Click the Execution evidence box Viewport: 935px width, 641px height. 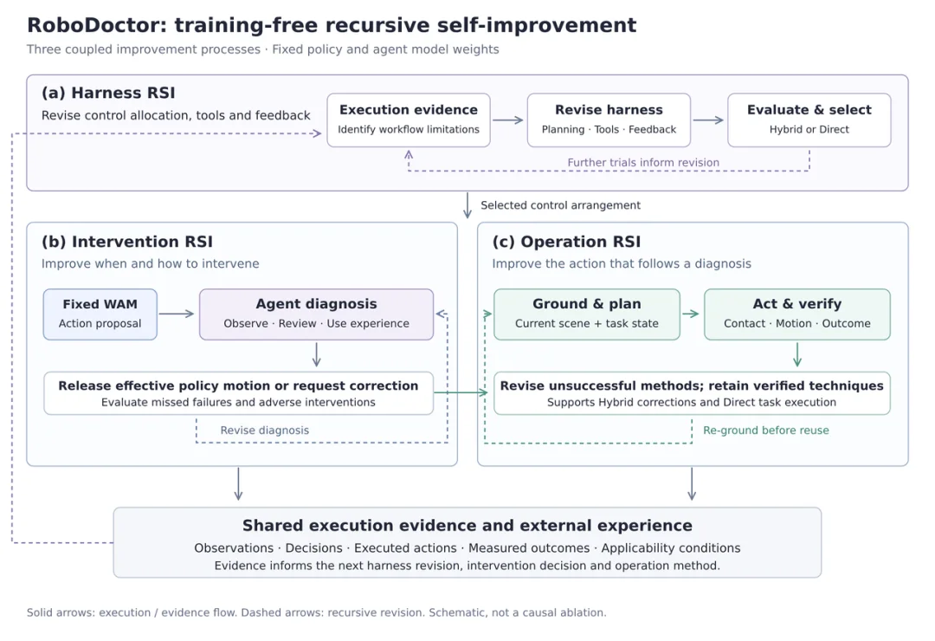409,120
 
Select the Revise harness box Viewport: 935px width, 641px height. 609,120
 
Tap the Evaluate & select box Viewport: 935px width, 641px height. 809,120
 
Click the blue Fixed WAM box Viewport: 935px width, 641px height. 100,314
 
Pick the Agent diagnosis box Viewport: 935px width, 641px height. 317,314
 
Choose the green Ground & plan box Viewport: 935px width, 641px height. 587,314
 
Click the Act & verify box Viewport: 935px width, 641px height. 797,314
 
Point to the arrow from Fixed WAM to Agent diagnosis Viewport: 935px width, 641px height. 177,314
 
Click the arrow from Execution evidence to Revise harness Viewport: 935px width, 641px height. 508,120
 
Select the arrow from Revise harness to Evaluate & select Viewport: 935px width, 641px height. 708,120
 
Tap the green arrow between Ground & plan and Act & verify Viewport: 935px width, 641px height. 691,314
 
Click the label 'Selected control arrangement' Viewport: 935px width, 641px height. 560,205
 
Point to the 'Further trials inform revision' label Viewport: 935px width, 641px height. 643,162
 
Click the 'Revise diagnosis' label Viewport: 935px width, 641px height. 265,431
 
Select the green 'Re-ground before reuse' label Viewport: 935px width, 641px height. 765,431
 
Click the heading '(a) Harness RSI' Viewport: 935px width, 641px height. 108,93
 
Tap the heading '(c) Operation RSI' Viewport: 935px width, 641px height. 566,242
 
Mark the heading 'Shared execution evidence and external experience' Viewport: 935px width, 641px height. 467,525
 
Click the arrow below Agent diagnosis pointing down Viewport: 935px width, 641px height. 317,354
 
